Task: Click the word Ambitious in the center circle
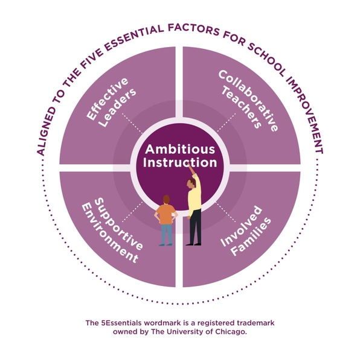(180, 150)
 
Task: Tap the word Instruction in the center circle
(180, 162)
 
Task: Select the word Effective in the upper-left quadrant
(107, 99)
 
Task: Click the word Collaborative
(248, 101)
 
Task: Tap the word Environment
(110, 233)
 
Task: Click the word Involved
(241, 226)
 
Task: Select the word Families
(251, 237)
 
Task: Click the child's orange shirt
(166, 214)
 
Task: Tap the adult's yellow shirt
(194, 194)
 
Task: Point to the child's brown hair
(166, 199)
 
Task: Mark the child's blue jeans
(166, 234)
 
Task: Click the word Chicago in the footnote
(231, 332)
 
